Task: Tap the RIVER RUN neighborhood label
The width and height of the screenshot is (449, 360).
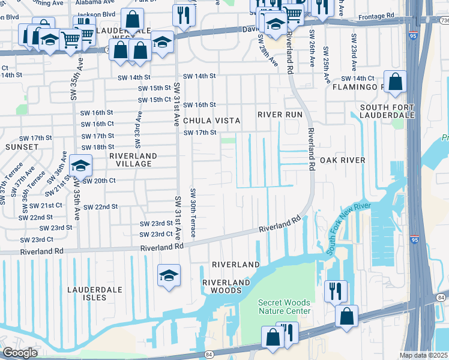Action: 280,114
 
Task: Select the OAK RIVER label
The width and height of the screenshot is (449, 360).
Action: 342,160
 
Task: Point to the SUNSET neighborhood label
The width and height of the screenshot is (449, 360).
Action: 22,146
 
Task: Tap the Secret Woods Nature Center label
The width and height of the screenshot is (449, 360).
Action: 285,307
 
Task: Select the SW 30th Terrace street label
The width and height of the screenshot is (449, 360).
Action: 193,213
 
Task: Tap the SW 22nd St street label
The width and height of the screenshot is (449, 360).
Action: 100,207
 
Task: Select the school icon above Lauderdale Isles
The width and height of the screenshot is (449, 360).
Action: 169,275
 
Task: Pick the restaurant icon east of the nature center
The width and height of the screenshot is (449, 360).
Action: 336,291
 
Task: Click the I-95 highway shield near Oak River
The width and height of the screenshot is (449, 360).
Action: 415,239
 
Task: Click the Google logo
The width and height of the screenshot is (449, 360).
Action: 20,353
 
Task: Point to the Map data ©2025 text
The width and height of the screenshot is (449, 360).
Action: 423,355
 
